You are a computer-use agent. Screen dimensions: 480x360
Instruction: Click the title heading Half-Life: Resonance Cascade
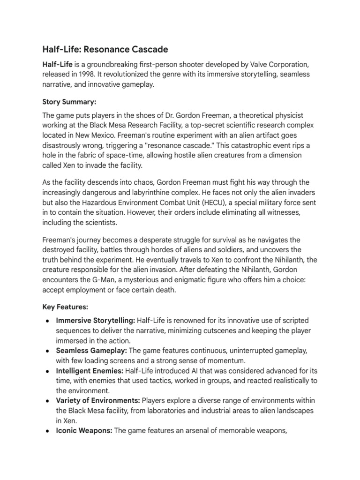point(104,49)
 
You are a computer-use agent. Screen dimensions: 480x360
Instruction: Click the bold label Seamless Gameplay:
point(91,351)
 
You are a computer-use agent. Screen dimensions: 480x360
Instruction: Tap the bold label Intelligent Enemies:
point(90,371)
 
